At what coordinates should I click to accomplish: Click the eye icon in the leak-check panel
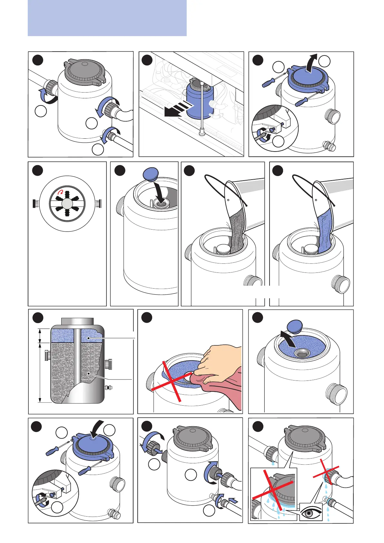311,512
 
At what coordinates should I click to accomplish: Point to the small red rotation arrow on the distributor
60,193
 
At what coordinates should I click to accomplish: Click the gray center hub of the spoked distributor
67,203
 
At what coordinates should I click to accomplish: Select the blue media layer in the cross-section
64,336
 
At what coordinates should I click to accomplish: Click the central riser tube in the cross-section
77,364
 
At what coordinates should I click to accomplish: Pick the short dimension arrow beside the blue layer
40,336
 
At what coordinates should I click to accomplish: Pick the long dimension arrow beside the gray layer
40,372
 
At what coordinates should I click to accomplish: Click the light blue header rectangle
107,18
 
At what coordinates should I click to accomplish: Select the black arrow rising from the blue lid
311,63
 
